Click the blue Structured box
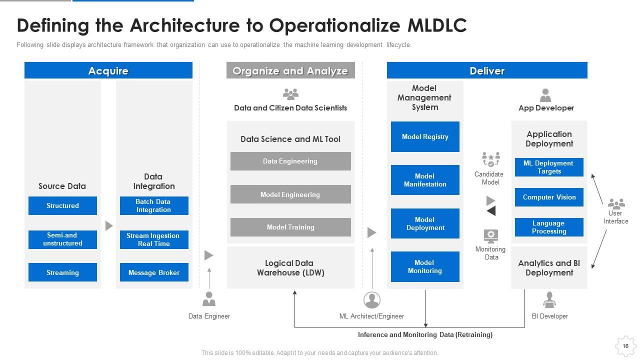(x=62, y=205)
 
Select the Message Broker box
(x=154, y=272)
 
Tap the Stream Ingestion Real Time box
(x=154, y=239)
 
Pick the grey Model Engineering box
(x=290, y=194)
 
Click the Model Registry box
(x=425, y=136)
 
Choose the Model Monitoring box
(x=425, y=266)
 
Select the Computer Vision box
(x=549, y=197)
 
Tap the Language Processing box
(x=549, y=227)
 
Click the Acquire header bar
(x=108, y=70)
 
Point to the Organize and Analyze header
(x=290, y=70)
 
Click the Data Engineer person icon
(x=209, y=298)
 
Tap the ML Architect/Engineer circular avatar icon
(x=371, y=300)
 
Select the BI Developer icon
(x=549, y=299)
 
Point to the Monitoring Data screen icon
(x=491, y=235)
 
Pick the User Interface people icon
(x=616, y=203)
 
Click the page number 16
(x=625, y=346)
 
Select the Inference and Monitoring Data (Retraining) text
(x=425, y=334)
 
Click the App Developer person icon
(x=545, y=95)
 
